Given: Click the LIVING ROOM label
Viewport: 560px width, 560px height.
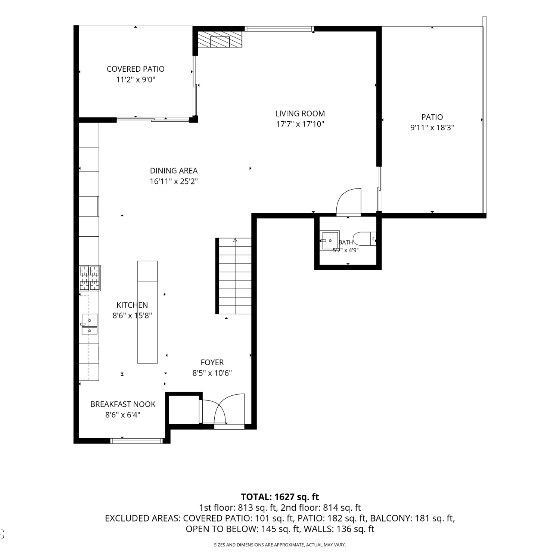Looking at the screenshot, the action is (300, 113).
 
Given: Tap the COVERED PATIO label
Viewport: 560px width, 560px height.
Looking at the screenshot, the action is (136, 69).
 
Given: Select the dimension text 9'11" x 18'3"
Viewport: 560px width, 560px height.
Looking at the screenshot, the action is (432, 128).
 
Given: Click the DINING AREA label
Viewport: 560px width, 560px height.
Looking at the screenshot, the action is (174, 171).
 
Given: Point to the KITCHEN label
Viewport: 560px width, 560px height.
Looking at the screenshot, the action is (132, 305).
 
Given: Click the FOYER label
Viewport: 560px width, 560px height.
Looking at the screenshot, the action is (212, 362).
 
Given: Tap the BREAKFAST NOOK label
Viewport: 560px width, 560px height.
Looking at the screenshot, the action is (123, 404).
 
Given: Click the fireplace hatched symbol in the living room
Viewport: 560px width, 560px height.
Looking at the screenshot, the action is (220, 39).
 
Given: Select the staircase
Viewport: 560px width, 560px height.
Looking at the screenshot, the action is (234, 276).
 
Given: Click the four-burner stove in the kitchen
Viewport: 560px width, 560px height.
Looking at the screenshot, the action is (90, 278).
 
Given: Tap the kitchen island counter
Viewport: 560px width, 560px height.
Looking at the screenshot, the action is (147, 312).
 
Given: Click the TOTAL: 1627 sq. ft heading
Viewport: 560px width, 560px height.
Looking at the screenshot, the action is (280, 497).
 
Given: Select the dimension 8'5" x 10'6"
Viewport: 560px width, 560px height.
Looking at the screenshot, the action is (212, 373).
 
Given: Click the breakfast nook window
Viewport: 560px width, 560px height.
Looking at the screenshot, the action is (137, 441).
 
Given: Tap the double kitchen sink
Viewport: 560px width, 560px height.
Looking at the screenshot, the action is (90, 324).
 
